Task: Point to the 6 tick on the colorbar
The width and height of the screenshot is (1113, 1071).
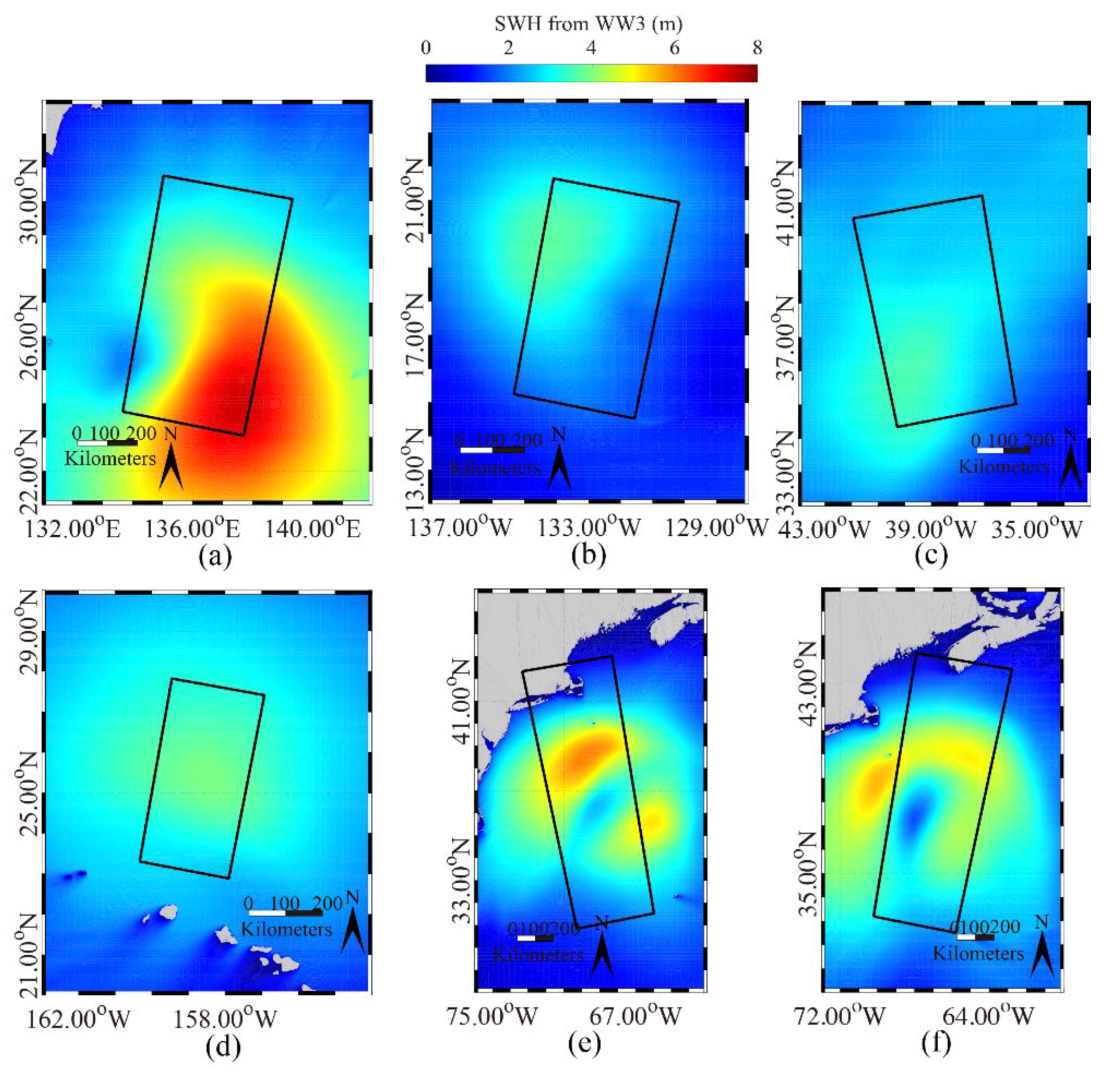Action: pos(674,48)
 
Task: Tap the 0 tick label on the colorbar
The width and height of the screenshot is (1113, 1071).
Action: pos(426,48)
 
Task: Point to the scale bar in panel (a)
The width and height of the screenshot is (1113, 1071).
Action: pos(107,442)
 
